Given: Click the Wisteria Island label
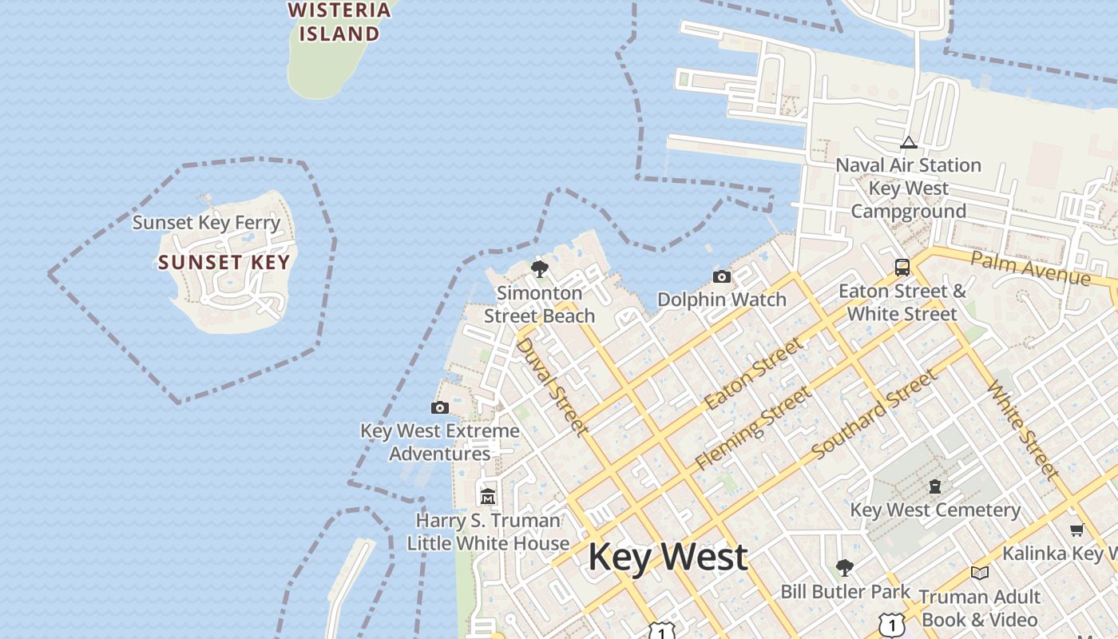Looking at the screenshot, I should pyautogui.click(x=339, y=22).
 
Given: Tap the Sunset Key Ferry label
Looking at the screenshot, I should pyautogui.click(x=206, y=223).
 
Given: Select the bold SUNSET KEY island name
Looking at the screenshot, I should pyautogui.click(x=224, y=262).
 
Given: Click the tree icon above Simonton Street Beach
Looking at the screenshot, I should pyautogui.click(x=540, y=268).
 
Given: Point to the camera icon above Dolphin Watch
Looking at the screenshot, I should pyautogui.click(x=721, y=277).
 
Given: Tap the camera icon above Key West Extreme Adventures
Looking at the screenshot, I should pyautogui.click(x=439, y=408).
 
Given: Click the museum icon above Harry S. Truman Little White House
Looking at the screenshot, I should pyautogui.click(x=488, y=497).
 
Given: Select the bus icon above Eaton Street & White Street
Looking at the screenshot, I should pyautogui.click(x=902, y=268).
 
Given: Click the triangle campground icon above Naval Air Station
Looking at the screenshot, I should pyautogui.click(x=908, y=143).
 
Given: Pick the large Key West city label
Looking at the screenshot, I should pyautogui.click(x=668, y=557).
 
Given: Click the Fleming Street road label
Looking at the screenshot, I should pyautogui.click(x=753, y=428).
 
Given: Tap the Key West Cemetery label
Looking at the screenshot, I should pyautogui.click(x=935, y=510).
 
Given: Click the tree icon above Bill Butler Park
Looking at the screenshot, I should pyautogui.click(x=844, y=568).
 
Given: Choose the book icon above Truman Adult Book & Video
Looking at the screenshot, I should pyautogui.click(x=980, y=573).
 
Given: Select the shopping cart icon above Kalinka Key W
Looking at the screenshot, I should pyautogui.click(x=1076, y=530).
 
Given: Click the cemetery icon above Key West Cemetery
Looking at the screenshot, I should pyautogui.click(x=935, y=486).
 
